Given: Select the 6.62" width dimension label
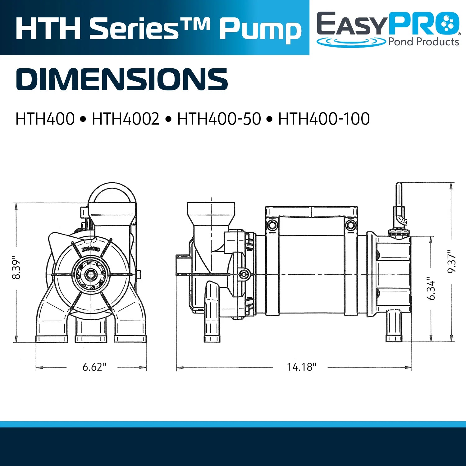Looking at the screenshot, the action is click(x=94, y=367).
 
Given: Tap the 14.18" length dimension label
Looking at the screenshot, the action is click(x=301, y=367).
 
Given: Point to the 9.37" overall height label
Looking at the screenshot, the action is click(x=452, y=261).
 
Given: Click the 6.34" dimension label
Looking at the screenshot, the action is click(x=431, y=288).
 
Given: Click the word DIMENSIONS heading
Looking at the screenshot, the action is click(x=122, y=79).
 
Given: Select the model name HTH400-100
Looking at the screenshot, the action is click(x=324, y=119).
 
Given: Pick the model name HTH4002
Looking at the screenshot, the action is click(x=126, y=119).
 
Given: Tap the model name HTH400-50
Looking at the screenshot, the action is click(x=219, y=119).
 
